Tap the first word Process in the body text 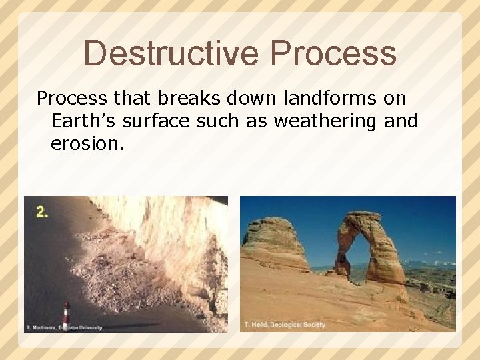pyautogui.click(x=71, y=99)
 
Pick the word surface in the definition pyautogui.click(x=160, y=121)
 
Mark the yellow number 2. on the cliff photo pyautogui.click(x=42, y=212)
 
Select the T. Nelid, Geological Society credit pyautogui.click(x=285, y=325)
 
